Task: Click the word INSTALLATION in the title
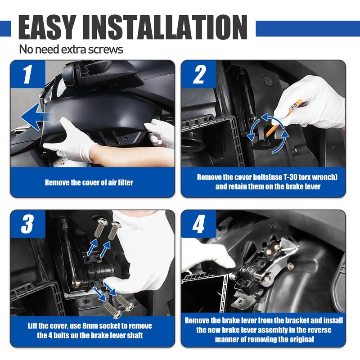coord(165,27)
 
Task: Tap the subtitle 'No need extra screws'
coord(71,49)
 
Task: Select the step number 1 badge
coord(28,74)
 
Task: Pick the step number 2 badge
coord(199,74)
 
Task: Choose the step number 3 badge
coord(28,224)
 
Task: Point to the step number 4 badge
coord(199,224)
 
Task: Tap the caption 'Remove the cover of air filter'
coord(89,183)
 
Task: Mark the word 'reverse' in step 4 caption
coord(318,330)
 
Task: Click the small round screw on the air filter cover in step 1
coord(126,139)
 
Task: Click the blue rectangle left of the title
coord(5,28)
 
